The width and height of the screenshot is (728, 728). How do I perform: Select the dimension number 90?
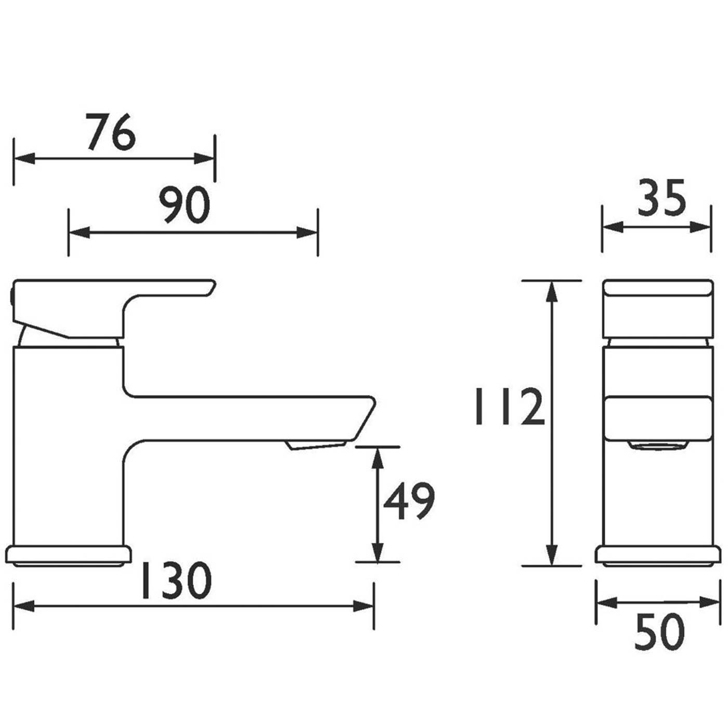click(x=184, y=205)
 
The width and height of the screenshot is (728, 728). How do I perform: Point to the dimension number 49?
click(x=409, y=501)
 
